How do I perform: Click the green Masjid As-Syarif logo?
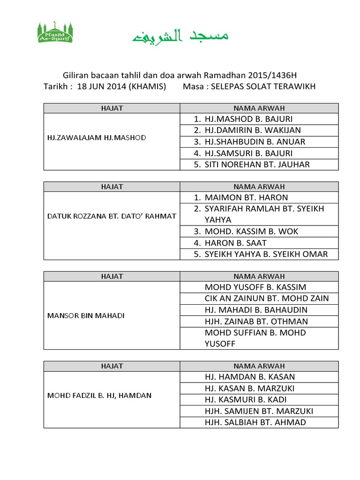(x=55, y=32)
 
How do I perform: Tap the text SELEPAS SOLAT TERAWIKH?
(x=263, y=87)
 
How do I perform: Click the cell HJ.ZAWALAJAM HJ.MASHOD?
(x=97, y=138)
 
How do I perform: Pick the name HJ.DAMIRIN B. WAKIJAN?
(x=252, y=130)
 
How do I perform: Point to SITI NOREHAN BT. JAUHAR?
(x=257, y=165)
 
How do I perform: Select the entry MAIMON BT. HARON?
(x=246, y=197)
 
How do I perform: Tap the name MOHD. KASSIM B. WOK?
(x=251, y=232)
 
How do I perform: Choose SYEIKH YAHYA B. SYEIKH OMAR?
(x=266, y=255)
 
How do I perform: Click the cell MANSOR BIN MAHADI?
(x=86, y=315)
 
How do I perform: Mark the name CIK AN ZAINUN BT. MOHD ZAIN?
(x=267, y=299)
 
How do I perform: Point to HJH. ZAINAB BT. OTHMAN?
(x=256, y=322)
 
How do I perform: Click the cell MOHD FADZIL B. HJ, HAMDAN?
(x=99, y=396)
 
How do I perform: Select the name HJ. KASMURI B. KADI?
(x=246, y=400)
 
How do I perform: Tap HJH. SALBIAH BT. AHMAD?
(x=255, y=422)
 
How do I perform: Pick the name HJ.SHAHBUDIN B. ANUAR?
(x=255, y=142)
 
